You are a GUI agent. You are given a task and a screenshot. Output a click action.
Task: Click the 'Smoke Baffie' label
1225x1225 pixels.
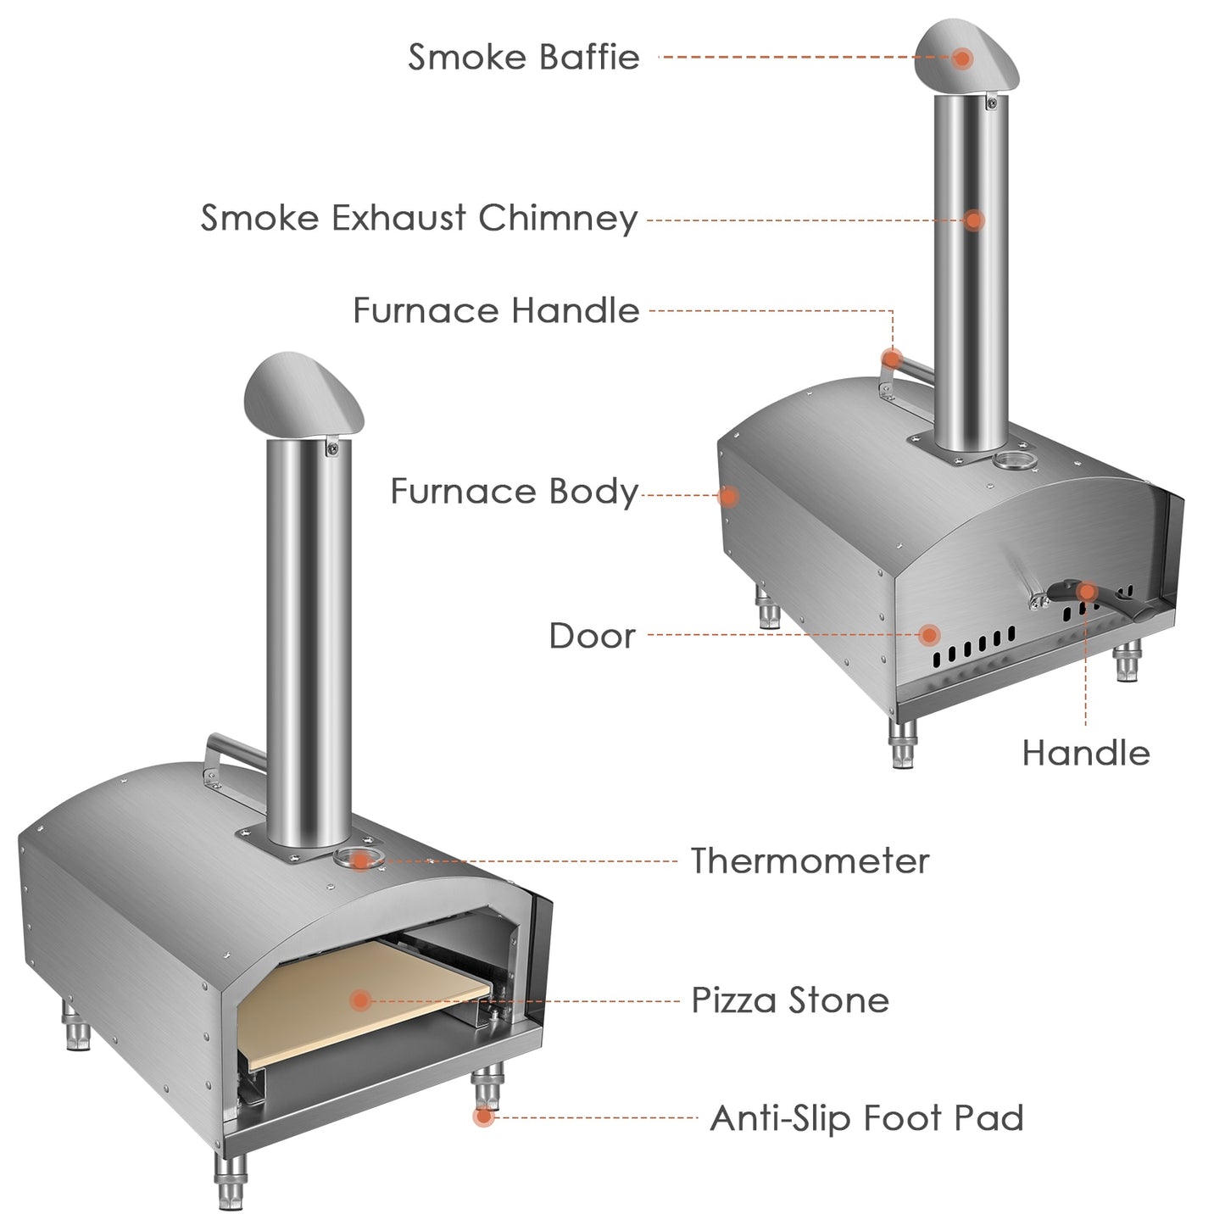pyautogui.click(x=523, y=57)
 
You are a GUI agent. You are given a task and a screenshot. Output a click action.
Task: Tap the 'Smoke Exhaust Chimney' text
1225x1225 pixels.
pyautogui.click(x=419, y=218)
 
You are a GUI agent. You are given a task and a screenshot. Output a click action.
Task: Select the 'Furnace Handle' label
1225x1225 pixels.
pyautogui.click(x=496, y=310)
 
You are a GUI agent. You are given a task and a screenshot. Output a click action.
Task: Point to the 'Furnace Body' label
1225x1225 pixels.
pyautogui.click(x=514, y=492)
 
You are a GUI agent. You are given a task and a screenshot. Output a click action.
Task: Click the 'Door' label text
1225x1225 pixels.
pyautogui.click(x=592, y=636)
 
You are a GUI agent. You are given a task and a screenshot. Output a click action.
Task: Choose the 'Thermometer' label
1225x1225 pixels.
pyautogui.click(x=810, y=861)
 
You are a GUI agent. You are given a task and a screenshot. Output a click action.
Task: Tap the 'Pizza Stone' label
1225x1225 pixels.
pyautogui.click(x=790, y=1000)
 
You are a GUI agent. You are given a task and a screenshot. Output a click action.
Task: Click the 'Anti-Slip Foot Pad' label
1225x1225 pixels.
pyautogui.click(x=866, y=1118)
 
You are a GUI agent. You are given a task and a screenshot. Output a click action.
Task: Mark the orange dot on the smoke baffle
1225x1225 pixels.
pyautogui.click(x=961, y=58)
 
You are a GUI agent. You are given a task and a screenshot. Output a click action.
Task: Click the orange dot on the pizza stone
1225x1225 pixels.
pyautogui.click(x=360, y=1000)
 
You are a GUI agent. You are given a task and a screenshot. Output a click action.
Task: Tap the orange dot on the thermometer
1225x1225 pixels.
pyautogui.click(x=361, y=861)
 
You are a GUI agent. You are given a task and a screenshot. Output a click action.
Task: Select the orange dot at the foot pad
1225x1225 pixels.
pyautogui.click(x=484, y=1116)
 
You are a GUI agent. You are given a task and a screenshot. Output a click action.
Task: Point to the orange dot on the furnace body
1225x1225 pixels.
pyautogui.click(x=727, y=496)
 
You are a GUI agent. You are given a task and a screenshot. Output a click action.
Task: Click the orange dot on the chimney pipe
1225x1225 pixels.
pyautogui.click(x=974, y=220)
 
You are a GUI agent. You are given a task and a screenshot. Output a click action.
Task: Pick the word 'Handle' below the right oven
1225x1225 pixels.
pyautogui.click(x=1086, y=753)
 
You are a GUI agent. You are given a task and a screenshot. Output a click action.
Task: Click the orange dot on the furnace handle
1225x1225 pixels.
pyautogui.click(x=890, y=358)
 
